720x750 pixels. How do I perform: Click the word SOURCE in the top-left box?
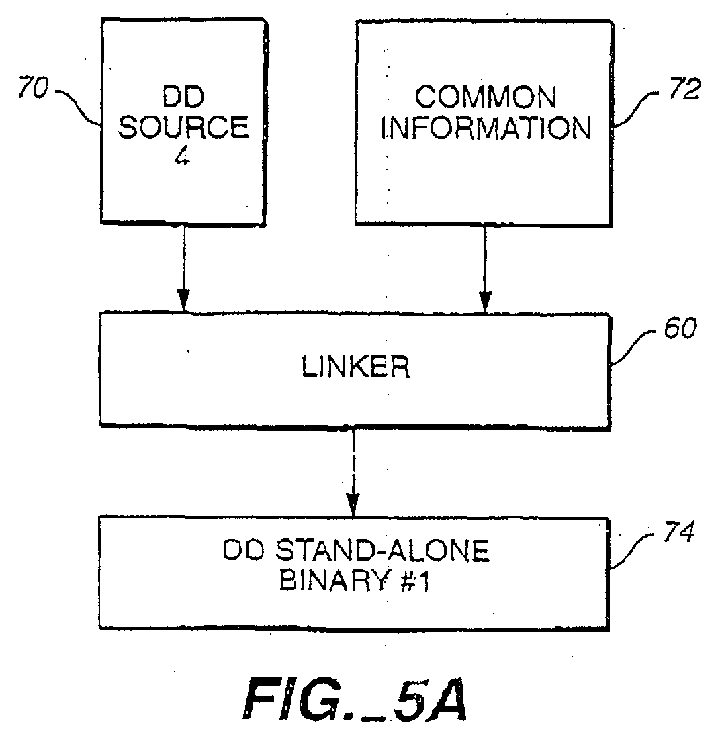pyautogui.click(x=184, y=127)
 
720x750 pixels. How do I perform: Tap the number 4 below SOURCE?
pyautogui.click(x=182, y=156)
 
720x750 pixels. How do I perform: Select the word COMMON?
pyautogui.click(x=486, y=97)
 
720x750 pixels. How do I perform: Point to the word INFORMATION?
pyautogui.click(x=486, y=128)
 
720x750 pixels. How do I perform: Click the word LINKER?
pyautogui.click(x=355, y=367)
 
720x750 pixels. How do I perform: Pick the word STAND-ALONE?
pyautogui.click(x=383, y=551)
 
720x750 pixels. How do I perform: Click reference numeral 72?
pyautogui.click(x=684, y=89)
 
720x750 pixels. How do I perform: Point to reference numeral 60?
pyautogui.click(x=680, y=328)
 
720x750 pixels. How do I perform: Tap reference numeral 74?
pyautogui.click(x=678, y=531)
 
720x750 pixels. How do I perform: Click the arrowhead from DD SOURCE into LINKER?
pyautogui.click(x=183, y=300)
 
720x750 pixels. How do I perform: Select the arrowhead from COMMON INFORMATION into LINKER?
pyautogui.click(x=485, y=301)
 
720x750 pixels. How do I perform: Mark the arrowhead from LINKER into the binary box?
pyautogui.click(x=353, y=505)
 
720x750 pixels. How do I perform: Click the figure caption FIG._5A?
pyautogui.click(x=355, y=699)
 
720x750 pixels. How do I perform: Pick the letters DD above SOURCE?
pyautogui.click(x=183, y=97)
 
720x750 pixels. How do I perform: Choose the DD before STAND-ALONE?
pyautogui.click(x=244, y=551)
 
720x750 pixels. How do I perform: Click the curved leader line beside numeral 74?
pyautogui.click(x=633, y=550)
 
